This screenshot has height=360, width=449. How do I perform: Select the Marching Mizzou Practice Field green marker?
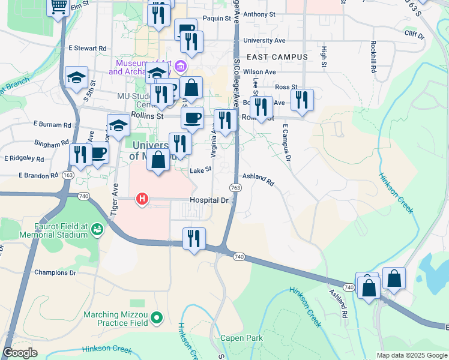pos(157,317)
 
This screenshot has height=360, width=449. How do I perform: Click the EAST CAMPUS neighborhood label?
pos(277,57)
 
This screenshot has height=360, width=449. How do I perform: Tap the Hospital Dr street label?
pos(209,200)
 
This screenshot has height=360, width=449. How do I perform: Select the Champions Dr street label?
pos(56,272)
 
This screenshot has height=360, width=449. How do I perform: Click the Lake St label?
pos(200,170)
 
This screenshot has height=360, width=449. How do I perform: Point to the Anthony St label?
pos(259,14)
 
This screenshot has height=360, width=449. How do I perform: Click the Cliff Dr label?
pos(414,35)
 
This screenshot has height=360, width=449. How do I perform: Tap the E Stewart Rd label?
pos(87,48)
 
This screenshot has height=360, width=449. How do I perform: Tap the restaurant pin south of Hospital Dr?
pos(194,238)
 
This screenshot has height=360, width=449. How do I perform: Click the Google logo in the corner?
pos(20,353)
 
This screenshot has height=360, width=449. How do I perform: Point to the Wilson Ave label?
pos(259,72)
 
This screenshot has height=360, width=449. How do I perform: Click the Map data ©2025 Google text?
pos(412,355)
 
